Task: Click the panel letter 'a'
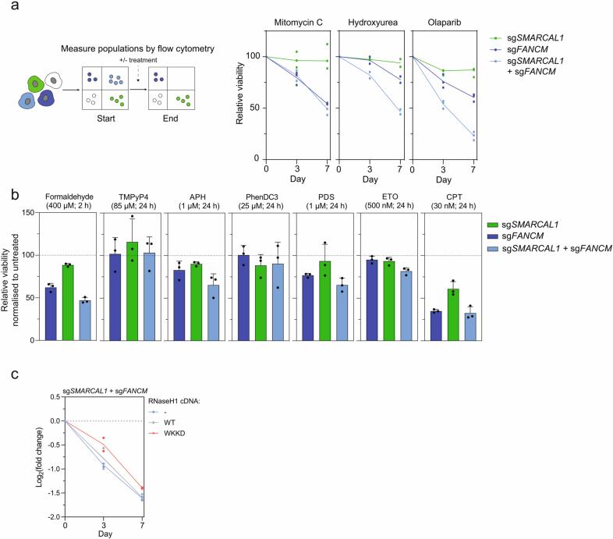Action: pyautogui.click(x=6, y=7)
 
